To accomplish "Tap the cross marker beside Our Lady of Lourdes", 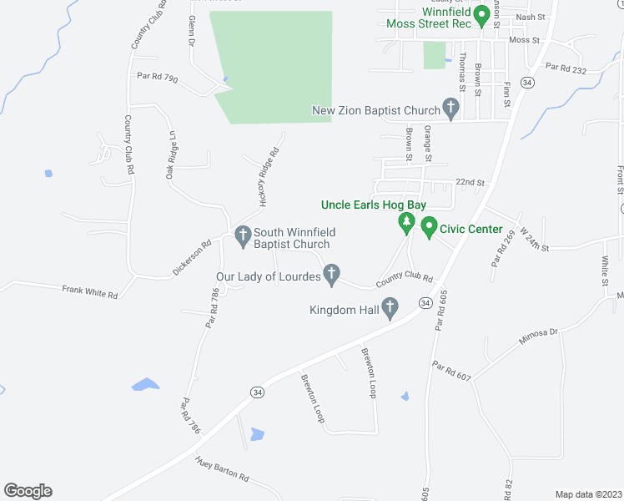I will [332, 275].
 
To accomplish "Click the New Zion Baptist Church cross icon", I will [450, 109].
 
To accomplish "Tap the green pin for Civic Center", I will [429, 227].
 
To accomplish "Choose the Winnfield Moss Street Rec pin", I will [481, 15].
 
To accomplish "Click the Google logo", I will [28, 491].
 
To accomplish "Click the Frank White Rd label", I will [90, 291].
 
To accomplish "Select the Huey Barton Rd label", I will [222, 469].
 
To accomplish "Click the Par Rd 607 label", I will [451, 372].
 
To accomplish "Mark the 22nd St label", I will [470, 182].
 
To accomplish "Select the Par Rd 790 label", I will [158, 78].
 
